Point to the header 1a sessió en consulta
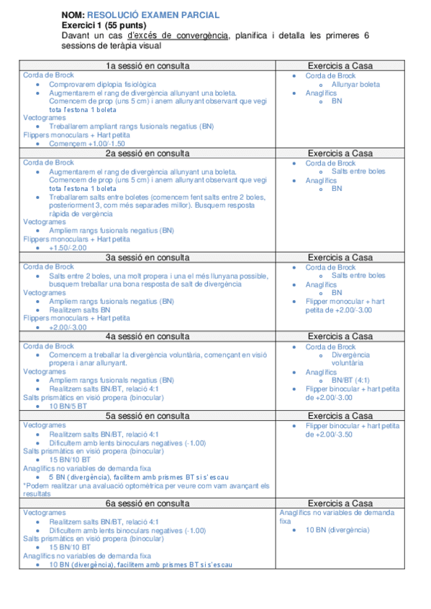[x=148, y=66]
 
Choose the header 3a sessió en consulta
[x=148, y=257]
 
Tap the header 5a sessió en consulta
[x=148, y=416]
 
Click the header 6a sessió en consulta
[x=148, y=503]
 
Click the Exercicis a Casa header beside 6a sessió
[x=340, y=503]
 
